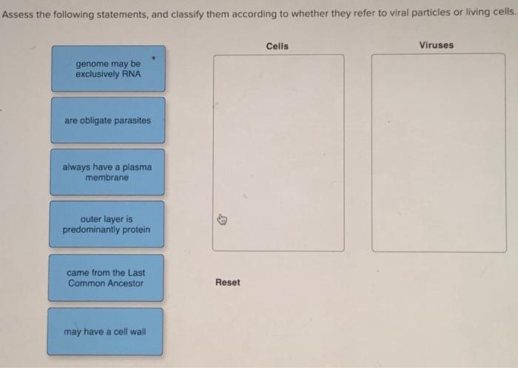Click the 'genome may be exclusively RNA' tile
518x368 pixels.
click(108, 69)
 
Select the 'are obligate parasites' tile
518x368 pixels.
click(108, 120)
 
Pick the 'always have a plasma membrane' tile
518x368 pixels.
click(107, 172)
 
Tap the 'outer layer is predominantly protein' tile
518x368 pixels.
click(107, 224)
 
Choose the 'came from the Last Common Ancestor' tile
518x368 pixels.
click(106, 278)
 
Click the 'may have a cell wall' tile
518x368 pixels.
click(105, 331)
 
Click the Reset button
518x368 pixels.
click(228, 282)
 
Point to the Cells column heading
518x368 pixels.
click(277, 46)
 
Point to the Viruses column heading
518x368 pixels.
click(437, 45)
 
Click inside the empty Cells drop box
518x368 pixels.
click(279, 152)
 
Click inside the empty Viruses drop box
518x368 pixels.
click(438, 152)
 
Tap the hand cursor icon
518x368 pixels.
click(221, 219)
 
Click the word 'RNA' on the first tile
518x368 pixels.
click(128, 74)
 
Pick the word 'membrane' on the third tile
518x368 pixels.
click(107, 178)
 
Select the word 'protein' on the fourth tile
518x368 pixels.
click(135, 230)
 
